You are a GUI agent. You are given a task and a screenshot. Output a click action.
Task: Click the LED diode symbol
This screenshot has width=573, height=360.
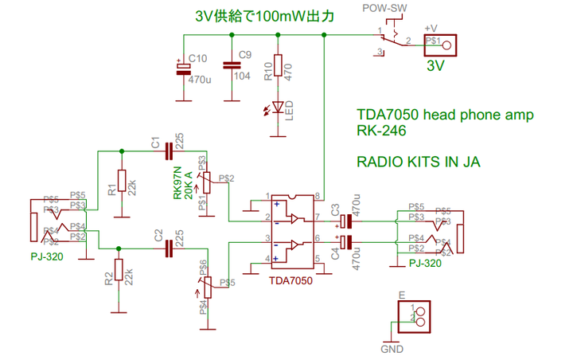click(278, 107)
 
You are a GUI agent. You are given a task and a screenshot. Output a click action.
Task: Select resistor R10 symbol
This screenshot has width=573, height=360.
click(278, 70)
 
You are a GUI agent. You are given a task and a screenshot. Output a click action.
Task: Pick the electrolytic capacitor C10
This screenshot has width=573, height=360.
click(183, 68)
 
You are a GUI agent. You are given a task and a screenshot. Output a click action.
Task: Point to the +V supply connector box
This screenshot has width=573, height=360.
click(442, 44)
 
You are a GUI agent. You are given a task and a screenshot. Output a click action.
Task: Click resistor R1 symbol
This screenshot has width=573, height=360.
click(121, 181)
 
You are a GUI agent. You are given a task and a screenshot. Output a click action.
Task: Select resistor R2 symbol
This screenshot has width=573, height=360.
click(119, 269)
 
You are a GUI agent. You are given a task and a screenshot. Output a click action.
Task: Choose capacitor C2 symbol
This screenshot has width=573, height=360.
click(169, 248)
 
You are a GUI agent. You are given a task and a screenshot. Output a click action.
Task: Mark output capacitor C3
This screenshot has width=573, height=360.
click(346, 221)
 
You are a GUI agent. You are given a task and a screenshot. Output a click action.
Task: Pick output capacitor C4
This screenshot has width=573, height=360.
click(346, 241)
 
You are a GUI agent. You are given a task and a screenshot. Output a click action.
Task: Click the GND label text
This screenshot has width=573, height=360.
click(392, 349)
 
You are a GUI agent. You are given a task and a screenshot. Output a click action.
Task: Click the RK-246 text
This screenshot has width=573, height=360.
click(379, 131)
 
